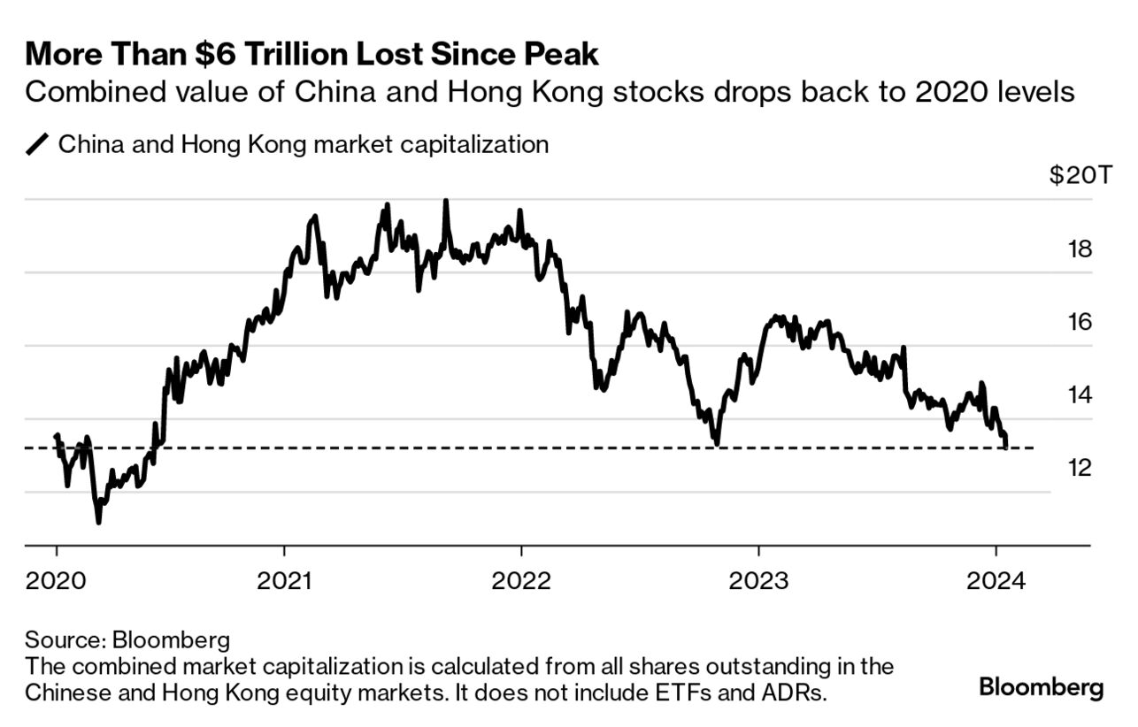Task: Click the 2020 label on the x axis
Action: pyautogui.click(x=56, y=581)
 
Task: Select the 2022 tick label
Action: pyautogui.click(x=521, y=581)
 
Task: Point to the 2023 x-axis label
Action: pyautogui.click(x=758, y=581)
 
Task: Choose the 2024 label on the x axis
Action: pyautogui.click(x=996, y=581)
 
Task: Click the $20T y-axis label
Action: pyautogui.click(x=1072, y=176)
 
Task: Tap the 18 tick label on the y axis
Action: pyautogui.click(x=1080, y=249)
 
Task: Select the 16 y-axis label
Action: pyautogui.click(x=1080, y=322)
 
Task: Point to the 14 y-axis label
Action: pyautogui.click(x=1080, y=395)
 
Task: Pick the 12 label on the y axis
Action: pyautogui.click(x=1080, y=468)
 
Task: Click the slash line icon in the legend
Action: pyautogui.click(x=38, y=145)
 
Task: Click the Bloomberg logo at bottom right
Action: pyautogui.click(x=1042, y=687)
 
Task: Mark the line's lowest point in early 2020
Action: pyautogui.click(x=98, y=522)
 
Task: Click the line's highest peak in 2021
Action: pyautogui.click(x=445, y=201)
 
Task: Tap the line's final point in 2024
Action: pyautogui.click(x=1006, y=447)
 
